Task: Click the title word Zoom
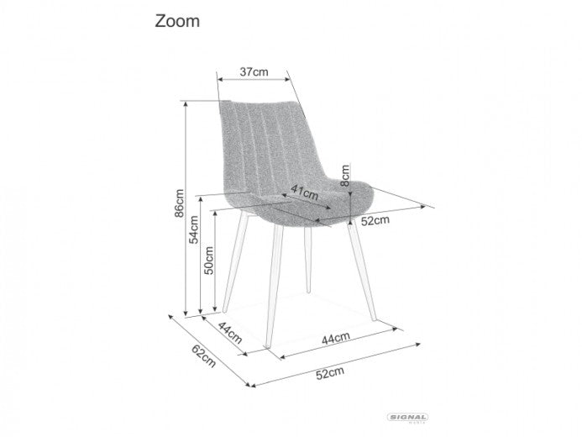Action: tap(177, 22)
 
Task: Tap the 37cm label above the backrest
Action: tap(254, 71)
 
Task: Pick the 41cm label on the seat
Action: tap(304, 193)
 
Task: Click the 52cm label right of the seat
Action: tap(375, 221)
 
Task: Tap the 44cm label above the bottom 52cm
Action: tap(334, 338)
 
